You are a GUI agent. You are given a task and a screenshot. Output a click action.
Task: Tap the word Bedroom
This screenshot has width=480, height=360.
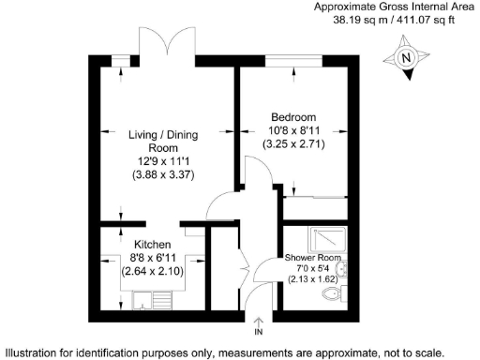293,116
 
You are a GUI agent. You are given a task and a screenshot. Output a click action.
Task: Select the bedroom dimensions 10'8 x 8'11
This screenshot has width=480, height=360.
293,131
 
